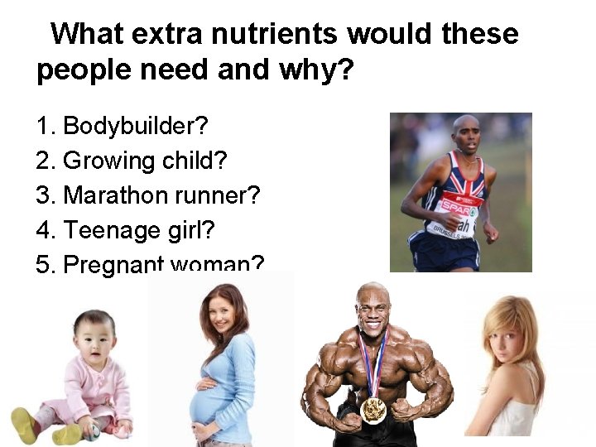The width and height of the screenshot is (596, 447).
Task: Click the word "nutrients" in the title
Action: [275, 35]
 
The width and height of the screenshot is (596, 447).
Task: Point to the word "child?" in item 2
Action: [185, 161]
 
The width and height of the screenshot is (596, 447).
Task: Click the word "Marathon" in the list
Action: [115, 195]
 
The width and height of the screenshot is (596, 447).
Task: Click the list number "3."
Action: [45, 195]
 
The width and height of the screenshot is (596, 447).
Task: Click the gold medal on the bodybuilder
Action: [374, 409]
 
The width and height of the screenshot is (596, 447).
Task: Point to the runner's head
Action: [465, 132]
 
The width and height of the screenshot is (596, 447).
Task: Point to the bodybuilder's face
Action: [372, 309]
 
